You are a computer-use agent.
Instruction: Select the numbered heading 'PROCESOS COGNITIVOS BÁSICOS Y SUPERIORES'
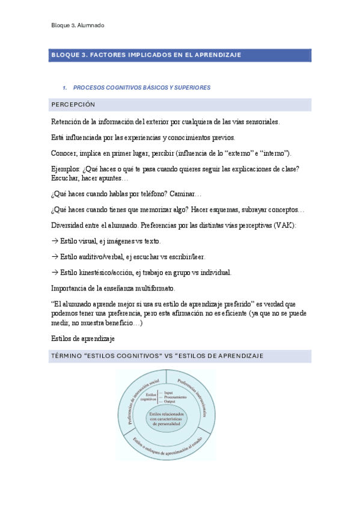(x=145, y=88)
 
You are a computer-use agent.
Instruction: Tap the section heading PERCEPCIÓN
(x=73, y=105)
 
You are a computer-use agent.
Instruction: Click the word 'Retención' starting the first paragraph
(x=68, y=121)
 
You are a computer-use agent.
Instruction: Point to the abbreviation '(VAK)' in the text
(x=285, y=225)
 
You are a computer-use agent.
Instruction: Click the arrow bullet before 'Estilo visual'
(x=55, y=241)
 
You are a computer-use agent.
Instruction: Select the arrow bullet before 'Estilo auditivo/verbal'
(x=55, y=256)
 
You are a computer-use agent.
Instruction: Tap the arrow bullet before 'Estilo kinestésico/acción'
(x=55, y=272)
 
